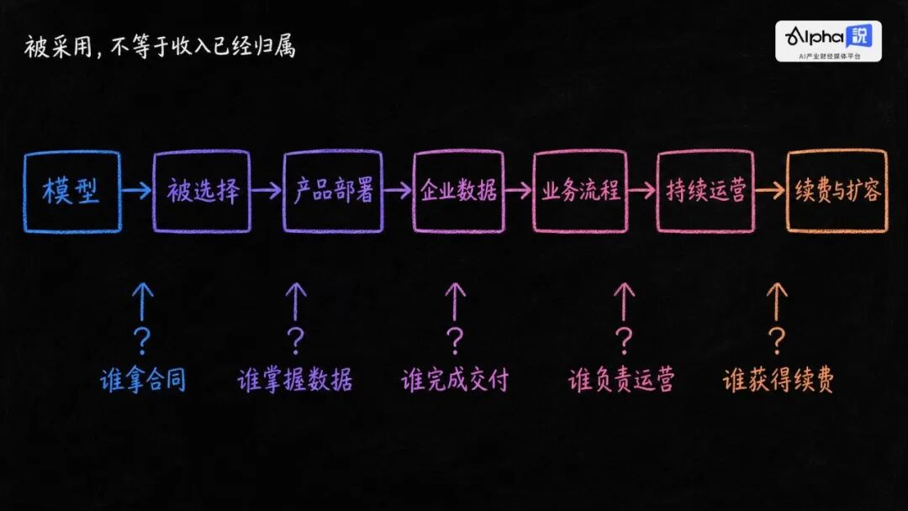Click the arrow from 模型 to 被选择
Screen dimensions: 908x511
point(137,191)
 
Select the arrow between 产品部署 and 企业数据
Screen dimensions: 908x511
point(397,191)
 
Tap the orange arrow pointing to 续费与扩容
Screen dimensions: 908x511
point(770,191)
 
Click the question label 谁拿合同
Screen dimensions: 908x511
point(143,380)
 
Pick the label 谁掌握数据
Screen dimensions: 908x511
point(295,380)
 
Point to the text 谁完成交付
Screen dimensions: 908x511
point(455,380)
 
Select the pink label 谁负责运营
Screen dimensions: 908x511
point(621,380)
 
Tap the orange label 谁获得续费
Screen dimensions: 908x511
point(779,380)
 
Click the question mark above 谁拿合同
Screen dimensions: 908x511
point(142,341)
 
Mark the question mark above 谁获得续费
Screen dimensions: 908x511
point(777,341)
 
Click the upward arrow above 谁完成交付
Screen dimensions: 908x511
point(455,301)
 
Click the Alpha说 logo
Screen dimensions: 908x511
point(829,41)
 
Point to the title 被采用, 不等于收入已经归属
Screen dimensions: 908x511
point(160,46)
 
